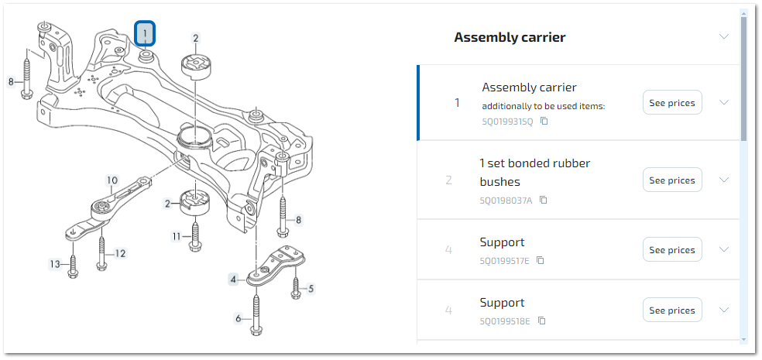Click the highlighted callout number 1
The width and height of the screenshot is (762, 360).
146,33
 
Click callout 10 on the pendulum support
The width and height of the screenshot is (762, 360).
112,180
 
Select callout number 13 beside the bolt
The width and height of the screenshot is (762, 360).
55,264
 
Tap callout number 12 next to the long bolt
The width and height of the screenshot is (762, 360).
120,253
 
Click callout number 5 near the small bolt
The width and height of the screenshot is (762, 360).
311,290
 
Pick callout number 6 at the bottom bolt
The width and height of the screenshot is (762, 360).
239,317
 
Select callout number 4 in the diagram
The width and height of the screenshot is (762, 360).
232,279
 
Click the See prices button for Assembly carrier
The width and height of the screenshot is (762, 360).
671,103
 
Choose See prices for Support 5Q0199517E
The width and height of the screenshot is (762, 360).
671,250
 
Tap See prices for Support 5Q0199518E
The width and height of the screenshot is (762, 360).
671,310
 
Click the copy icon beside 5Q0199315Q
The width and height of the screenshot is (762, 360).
544,122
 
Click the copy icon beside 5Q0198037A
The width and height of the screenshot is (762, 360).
543,200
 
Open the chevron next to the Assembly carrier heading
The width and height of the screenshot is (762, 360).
724,36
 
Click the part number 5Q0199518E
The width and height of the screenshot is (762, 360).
504,321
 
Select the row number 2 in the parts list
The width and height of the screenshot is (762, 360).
448,180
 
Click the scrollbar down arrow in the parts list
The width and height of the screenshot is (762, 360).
744,338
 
